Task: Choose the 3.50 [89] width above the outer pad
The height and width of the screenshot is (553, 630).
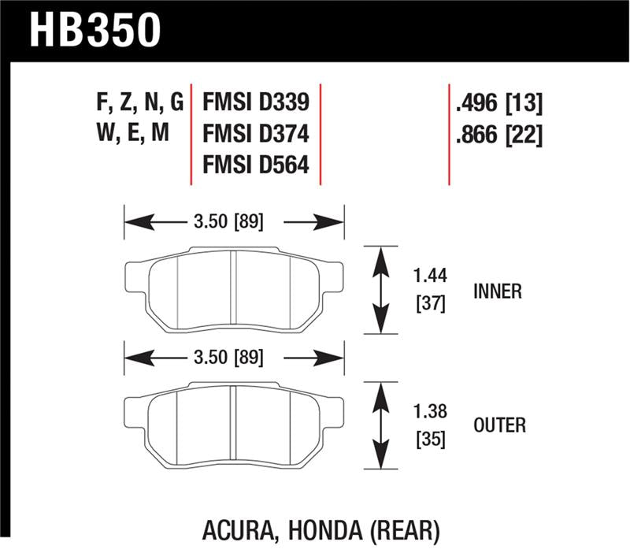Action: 228,358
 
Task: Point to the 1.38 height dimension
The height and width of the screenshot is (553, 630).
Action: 430,411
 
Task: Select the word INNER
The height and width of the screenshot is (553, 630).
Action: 497,291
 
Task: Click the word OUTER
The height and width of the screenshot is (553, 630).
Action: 499,425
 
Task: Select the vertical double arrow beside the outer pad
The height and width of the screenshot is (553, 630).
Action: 381,425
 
